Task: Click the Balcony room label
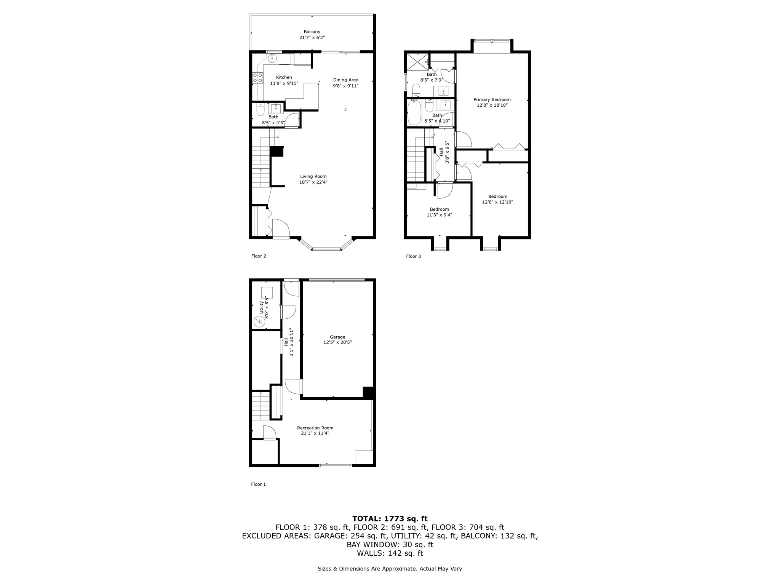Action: (312, 32)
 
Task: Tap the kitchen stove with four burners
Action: (258, 78)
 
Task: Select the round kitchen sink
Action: (272, 59)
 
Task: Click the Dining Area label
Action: (345, 80)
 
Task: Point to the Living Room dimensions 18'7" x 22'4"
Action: (313, 182)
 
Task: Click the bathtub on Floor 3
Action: (414, 112)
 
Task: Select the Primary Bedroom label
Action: (492, 99)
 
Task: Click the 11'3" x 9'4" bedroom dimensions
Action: (439, 215)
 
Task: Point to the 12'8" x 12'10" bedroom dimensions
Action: (497, 202)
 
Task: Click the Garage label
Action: (337, 337)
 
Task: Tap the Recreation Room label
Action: (315, 428)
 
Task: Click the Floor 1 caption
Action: (258, 484)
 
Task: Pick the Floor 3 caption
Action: (413, 256)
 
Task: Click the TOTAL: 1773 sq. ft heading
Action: (390, 518)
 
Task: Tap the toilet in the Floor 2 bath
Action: (261, 110)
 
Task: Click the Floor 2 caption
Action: (259, 256)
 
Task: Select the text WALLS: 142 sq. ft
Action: (390, 553)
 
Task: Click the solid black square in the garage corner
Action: (368, 393)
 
